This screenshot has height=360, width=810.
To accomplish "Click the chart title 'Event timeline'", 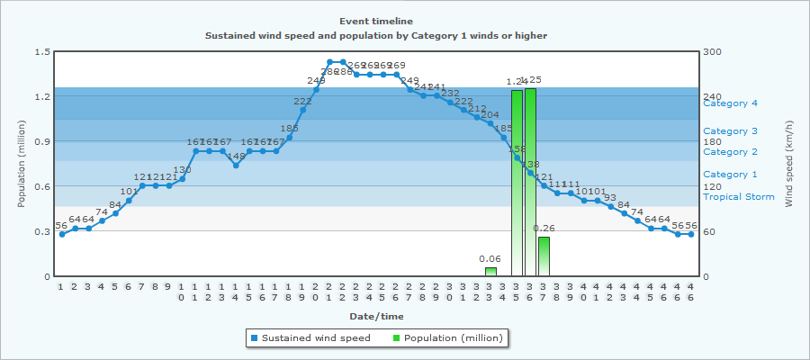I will point(376,21).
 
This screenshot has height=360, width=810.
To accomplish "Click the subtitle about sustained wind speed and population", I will point(376,35).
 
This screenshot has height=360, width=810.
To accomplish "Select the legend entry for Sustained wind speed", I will point(310,337).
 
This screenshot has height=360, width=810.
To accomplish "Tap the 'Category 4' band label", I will point(730,103).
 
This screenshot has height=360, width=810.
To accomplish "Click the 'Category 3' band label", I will point(730,131).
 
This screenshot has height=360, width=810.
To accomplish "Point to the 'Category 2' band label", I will point(730,151).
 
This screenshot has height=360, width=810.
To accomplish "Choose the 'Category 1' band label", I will point(730,174).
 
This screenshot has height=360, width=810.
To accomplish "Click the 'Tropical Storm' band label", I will point(738,197).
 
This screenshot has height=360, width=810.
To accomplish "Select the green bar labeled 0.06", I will point(490,272).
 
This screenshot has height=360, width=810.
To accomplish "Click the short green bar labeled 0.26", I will point(544,256).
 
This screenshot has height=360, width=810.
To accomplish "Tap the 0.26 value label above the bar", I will point(544,229).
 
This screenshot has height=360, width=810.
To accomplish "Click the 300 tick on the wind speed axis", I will point(713,51).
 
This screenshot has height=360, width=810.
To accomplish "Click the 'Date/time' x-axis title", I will point(376,316).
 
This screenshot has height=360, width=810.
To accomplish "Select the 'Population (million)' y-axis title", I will point(22,164).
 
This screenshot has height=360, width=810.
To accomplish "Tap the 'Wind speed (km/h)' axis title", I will point(789,164).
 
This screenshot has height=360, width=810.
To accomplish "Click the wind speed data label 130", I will point(183,170).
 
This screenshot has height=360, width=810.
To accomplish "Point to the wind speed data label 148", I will point(236,156).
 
